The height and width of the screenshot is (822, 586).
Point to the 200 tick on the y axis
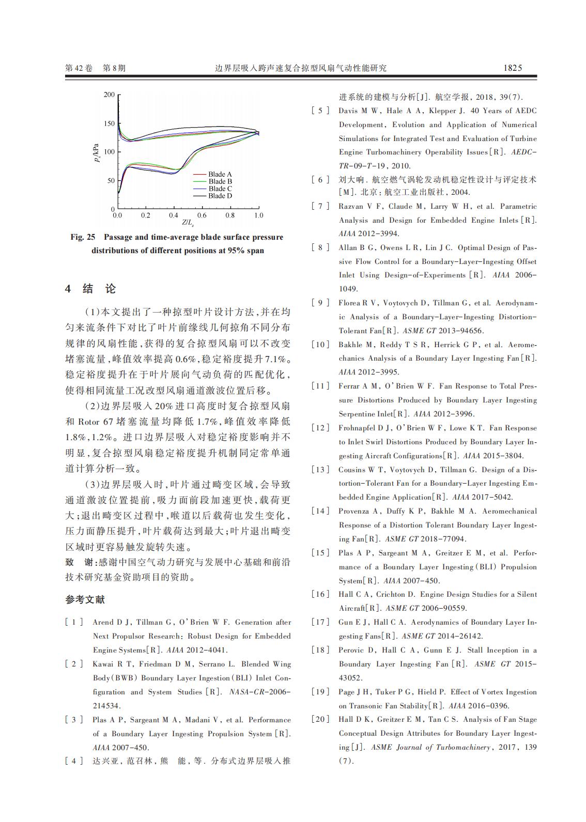click(109, 95)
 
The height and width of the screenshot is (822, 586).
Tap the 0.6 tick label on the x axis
click(202, 215)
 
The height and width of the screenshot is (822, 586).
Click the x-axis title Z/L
click(188, 223)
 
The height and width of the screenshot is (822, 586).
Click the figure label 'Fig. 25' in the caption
click(83, 237)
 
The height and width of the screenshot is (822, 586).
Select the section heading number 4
click(68, 289)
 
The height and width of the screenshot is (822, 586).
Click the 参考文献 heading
click(85, 600)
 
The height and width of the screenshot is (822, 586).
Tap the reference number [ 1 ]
click(74, 623)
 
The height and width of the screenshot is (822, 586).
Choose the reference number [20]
click(320, 719)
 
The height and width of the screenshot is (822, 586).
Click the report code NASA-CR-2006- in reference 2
click(259, 692)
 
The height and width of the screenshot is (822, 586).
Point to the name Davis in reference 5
click(348, 111)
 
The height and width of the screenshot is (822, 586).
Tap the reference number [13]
click(320, 470)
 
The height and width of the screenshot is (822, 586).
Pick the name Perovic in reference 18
click(351, 650)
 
